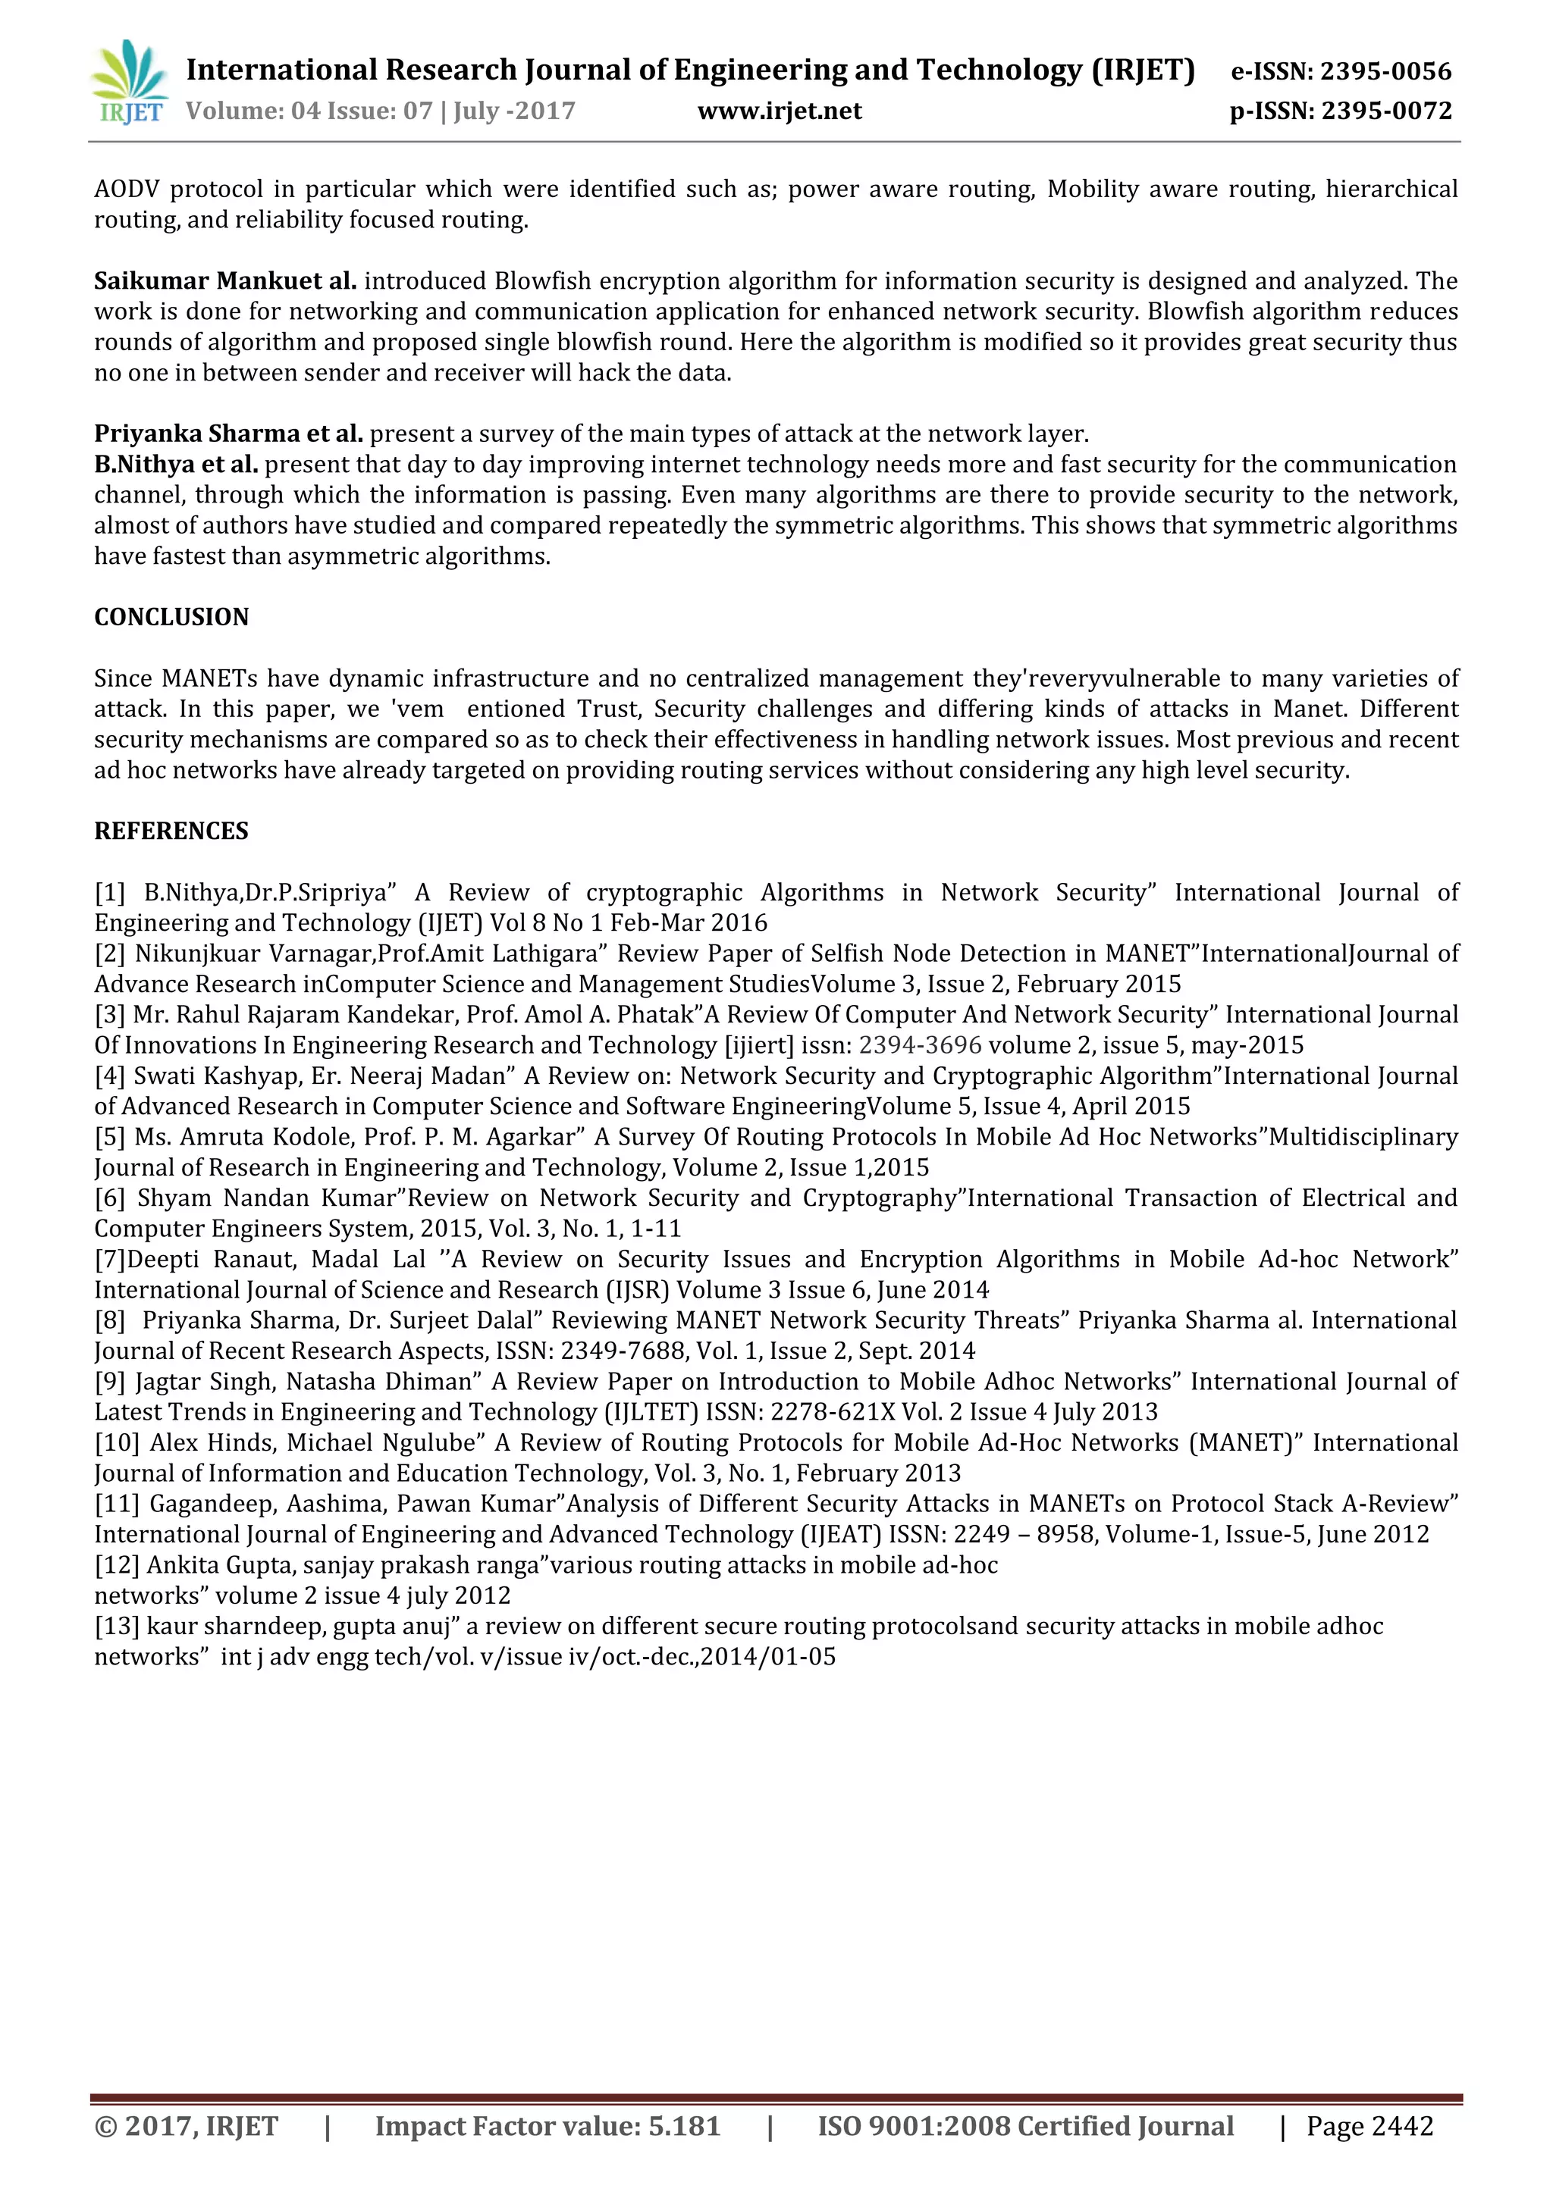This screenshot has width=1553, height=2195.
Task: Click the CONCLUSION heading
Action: [171, 618]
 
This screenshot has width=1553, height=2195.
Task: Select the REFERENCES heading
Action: [171, 831]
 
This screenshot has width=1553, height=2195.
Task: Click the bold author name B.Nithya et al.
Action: [176, 465]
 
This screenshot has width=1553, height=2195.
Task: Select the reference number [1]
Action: [110, 893]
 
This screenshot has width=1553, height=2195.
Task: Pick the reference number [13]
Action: [117, 1627]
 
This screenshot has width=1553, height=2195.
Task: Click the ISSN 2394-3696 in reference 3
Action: [920, 1046]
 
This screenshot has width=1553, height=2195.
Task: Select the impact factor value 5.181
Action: [684, 2126]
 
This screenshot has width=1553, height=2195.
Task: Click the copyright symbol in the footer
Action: [106, 2126]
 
